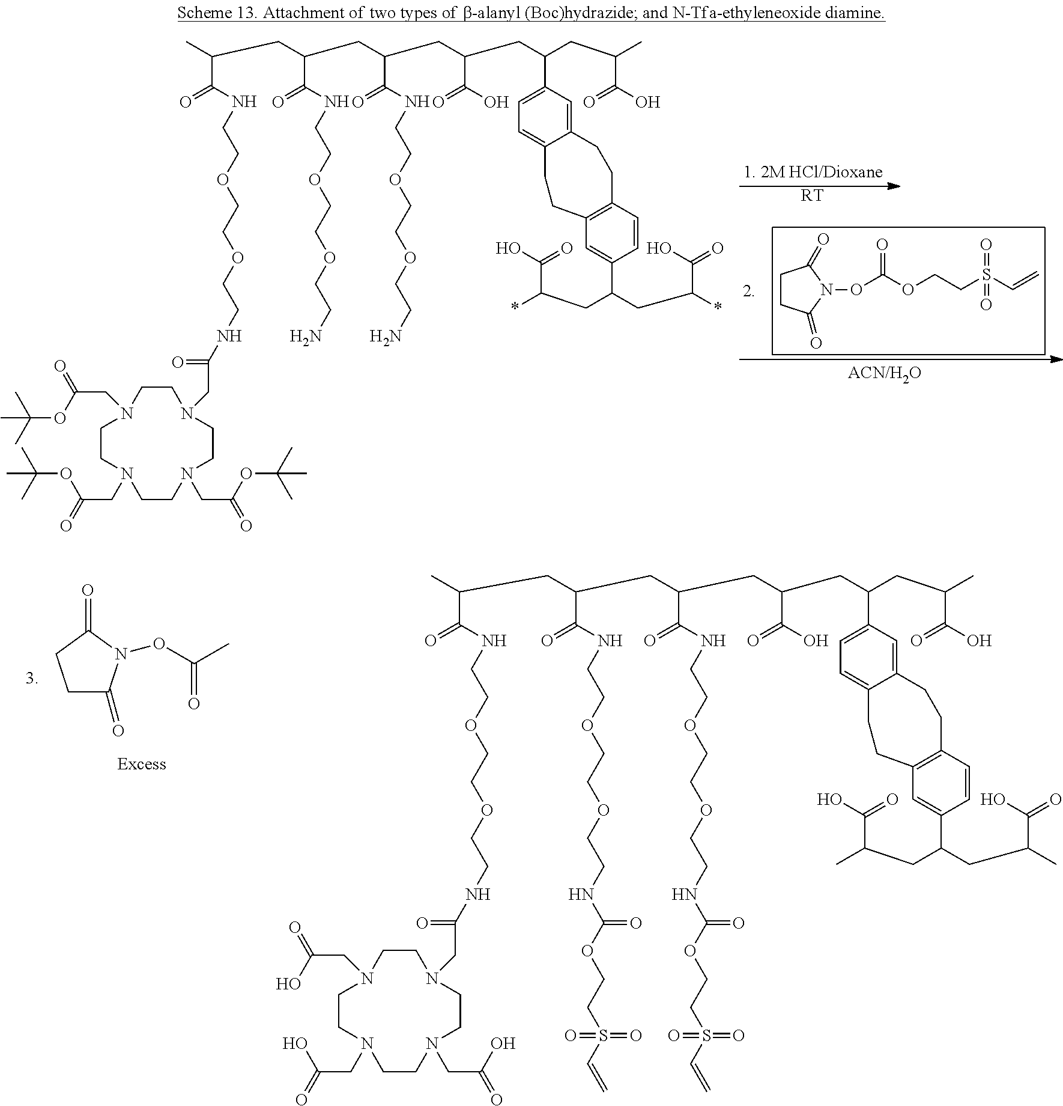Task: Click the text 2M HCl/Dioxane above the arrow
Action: [813, 173]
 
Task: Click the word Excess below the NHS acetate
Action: [141, 764]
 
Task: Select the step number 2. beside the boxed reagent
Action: [748, 292]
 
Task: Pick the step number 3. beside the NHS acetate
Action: [32, 679]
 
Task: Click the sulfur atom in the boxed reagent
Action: [986, 274]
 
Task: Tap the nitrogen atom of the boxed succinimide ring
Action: [826, 291]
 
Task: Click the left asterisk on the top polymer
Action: [514, 307]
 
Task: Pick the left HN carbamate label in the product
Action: [581, 894]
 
